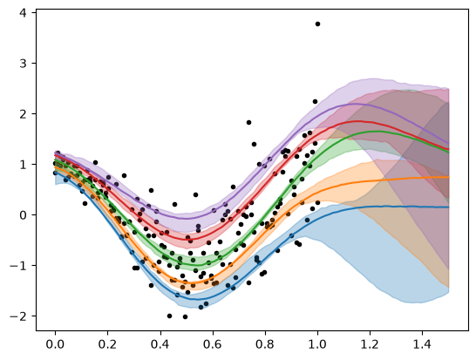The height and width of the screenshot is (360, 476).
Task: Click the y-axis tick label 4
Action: [x=23, y=13]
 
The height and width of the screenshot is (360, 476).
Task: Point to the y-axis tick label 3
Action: [x=23, y=63]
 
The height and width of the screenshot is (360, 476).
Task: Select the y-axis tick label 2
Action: [x=23, y=114]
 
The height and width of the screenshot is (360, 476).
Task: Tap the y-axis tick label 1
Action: [x=23, y=165]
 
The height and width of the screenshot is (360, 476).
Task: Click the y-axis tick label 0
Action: [x=23, y=215]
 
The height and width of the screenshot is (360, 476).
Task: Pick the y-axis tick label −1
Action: [x=18, y=266]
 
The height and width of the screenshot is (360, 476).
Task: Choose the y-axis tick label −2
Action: [x=18, y=316]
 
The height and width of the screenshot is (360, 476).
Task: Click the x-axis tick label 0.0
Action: [x=55, y=345]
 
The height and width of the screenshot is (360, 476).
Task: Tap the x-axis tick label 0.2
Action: [x=108, y=345]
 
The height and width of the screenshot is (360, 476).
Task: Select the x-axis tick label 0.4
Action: [x=160, y=345]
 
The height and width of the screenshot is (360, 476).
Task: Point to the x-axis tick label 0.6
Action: [x=213, y=345]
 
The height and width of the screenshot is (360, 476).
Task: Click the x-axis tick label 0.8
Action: [x=265, y=345]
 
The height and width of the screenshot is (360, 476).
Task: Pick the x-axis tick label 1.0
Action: [x=317, y=345]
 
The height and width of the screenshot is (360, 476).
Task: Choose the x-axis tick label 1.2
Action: [x=370, y=345]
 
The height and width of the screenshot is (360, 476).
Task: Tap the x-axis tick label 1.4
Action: [x=423, y=345]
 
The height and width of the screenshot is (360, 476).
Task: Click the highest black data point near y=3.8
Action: [x=317, y=24]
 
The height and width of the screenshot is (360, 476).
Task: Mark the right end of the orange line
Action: [x=449, y=177]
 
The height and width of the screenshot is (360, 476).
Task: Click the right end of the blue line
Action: [x=449, y=207]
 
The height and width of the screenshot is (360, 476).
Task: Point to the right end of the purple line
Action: [x=449, y=143]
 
